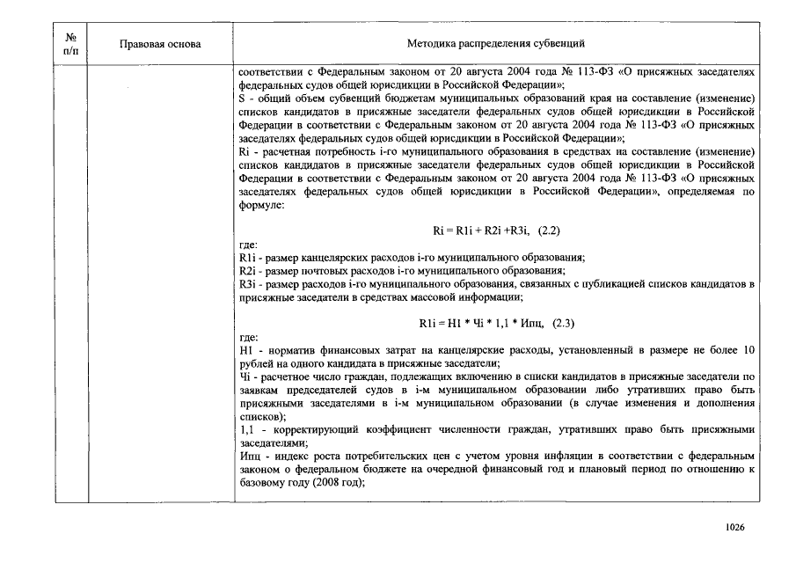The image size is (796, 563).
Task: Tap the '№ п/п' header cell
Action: tap(72, 43)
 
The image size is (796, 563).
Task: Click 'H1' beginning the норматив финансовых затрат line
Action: tap(245, 351)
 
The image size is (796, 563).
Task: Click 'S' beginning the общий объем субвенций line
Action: tap(243, 99)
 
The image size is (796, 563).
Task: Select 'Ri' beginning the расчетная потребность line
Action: tap(245, 152)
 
